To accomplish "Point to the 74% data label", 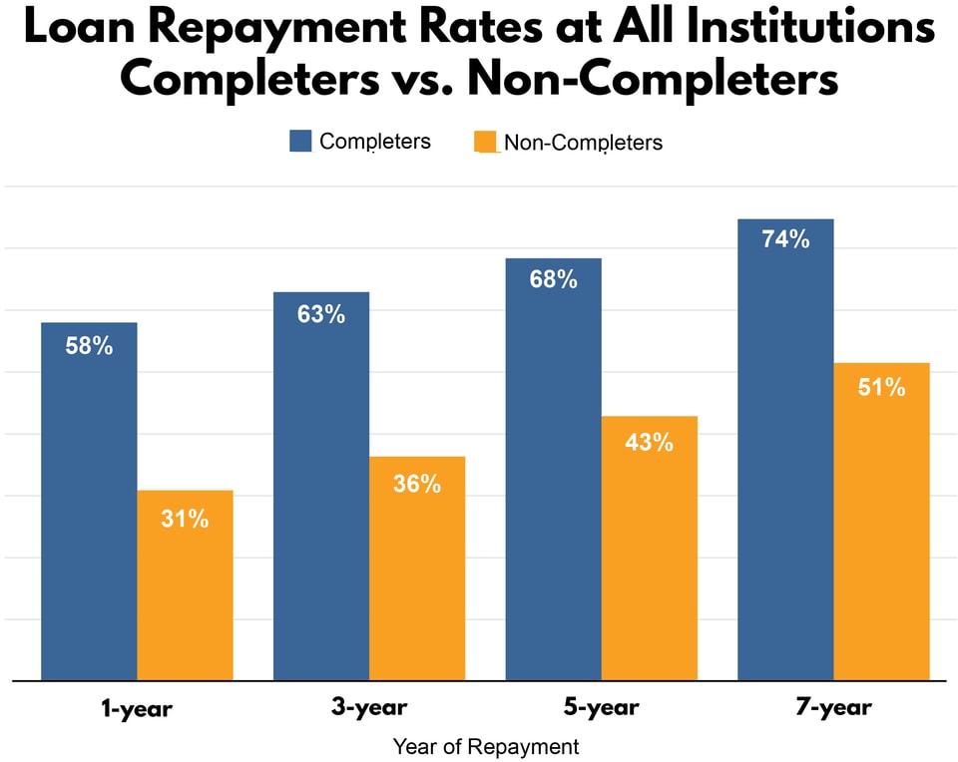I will click(784, 239).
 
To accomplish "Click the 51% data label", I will click(881, 387).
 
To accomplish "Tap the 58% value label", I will click(89, 347).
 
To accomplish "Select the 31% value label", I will click(185, 519).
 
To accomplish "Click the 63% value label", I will click(320, 314).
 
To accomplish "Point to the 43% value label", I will click(649, 442).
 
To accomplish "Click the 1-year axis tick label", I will click(137, 709).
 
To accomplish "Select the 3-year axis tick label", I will click(368, 709).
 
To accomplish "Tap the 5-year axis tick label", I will click(601, 709).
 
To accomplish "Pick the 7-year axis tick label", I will click(833, 709).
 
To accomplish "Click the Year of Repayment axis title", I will click(485, 746).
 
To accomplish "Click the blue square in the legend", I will click(300, 141).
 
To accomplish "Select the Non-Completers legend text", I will click(583, 143).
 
